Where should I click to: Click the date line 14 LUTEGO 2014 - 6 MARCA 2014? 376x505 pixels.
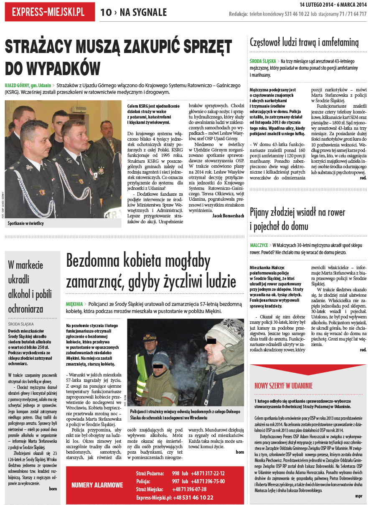click(333, 5)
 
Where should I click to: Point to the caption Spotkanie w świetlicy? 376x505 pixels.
click(25, 223)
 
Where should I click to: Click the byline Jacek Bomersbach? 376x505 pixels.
click(228, 216)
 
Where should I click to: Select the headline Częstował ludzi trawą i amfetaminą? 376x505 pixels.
click(304, 42)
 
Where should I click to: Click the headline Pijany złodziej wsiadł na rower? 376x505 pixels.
click(297, 212)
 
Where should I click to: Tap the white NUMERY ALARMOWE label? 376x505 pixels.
click(97, 485)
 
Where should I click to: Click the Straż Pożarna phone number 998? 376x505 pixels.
click(175, 473)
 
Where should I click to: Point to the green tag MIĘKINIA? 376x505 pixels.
click(74, 304)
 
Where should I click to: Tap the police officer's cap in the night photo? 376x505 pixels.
click(150, 336)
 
